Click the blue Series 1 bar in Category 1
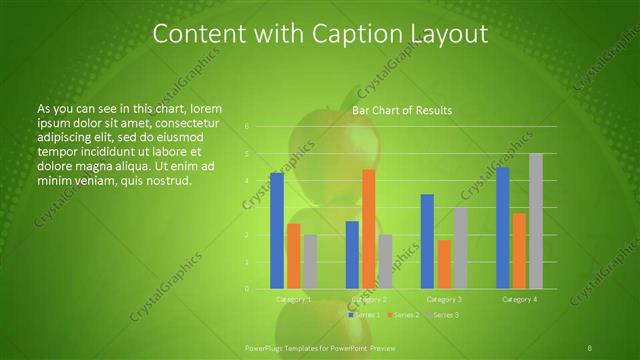(x=277, y=231)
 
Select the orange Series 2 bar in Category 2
(x=369, y=229)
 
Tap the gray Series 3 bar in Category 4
(x=536, y=221)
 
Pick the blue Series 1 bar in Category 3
(x=427, y=241)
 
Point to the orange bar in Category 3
(x=444, y=264)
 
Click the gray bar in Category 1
(x=310, y=262)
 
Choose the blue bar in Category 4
(x=503, y=228)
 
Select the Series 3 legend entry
(x=442, y=315)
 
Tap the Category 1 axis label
(x=294, y=299)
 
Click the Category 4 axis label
(x=519, y=299)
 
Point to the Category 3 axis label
(x=444, y=299)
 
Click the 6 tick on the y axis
(x=246, y=127)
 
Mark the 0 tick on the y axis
(x=246, y=289)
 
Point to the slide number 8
(x=590, y=348)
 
